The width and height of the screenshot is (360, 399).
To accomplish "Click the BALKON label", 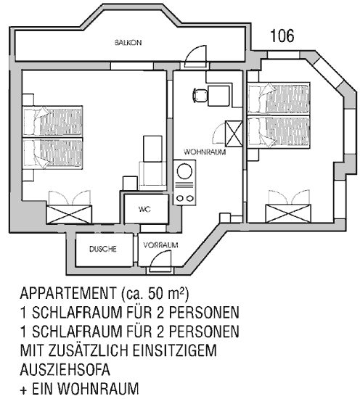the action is [x=128, y=43].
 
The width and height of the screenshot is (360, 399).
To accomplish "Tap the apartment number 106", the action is [x=282, y=36].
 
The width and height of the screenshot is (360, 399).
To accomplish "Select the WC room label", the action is [x=144, y=209].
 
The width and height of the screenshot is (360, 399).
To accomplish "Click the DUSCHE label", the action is [x=103, y=249].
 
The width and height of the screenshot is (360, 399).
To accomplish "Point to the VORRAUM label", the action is [x=160, y=245].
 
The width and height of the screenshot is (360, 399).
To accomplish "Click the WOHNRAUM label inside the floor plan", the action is [x=205, y=152].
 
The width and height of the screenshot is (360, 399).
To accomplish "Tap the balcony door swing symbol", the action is [x=195, y=57].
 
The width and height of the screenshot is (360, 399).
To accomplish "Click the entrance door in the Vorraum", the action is [x=160, y=261].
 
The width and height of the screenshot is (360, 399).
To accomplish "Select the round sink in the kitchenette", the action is [x=184, y=171].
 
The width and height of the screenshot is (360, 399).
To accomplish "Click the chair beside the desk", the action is [x=200, y=95].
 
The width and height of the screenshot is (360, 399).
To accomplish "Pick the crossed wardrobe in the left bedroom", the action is [x=69, y=215].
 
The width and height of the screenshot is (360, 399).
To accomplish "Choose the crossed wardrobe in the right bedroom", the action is [x=288, y=213].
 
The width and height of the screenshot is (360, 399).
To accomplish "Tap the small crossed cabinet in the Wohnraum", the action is [x=234, y=134].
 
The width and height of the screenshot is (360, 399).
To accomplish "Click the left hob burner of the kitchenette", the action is [x=180, y=198].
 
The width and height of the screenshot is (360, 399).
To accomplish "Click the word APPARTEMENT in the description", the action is [x=68, y=294].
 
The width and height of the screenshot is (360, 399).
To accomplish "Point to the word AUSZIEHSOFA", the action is [x=65, y=370].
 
